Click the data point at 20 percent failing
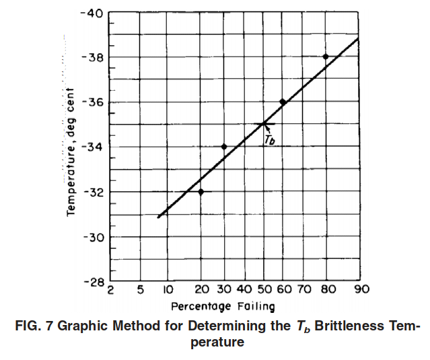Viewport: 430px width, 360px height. (201, 192)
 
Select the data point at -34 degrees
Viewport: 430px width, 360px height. (224, 147)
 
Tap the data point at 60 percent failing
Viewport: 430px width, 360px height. (283, 102)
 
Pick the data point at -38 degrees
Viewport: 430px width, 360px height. (326, 57)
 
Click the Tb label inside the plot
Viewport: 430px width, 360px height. (270, 140)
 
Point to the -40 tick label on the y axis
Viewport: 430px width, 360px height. (92, 13)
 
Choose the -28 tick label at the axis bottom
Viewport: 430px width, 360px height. (94, 282)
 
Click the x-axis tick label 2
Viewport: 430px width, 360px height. (110, 290)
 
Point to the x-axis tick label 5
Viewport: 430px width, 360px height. (141, 289)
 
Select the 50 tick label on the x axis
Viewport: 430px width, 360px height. (264, 289)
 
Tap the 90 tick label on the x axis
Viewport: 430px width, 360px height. (362, 289)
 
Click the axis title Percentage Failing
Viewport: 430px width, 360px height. (223, 306)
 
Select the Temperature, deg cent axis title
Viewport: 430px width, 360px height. (71, 152)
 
